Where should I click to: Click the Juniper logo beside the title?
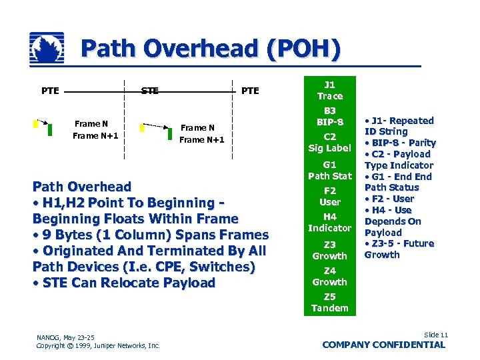[47, 49]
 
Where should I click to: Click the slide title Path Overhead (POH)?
[211, 49]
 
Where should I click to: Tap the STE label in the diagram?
[149, 91]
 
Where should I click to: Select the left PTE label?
[50, 91]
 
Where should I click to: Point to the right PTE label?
[250, 91]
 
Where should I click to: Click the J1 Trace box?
[329, 91]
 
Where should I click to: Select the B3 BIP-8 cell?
[329, 117]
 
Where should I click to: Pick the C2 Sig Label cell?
[329, 142]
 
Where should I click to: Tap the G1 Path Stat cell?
[329, 170]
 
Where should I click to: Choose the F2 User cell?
[329, 196]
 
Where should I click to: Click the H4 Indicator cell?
[329, 222]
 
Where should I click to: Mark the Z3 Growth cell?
[329, 250]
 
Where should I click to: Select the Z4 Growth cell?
[329, 276]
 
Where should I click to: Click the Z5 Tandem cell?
[329, 302]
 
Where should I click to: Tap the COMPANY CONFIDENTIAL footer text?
[383, 345]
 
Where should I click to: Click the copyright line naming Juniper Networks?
[98, 345]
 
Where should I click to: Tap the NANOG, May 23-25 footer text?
[65, 337]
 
